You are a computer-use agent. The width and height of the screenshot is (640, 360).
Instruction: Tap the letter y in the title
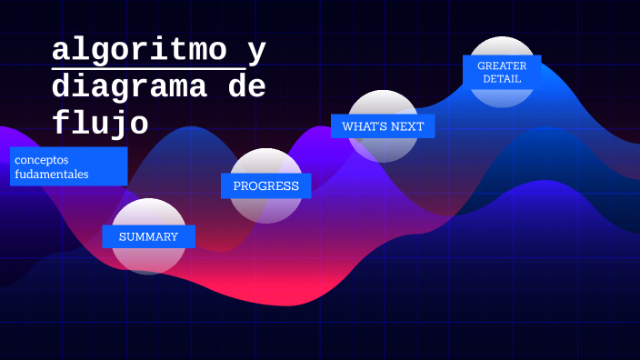click(x=257, y=53)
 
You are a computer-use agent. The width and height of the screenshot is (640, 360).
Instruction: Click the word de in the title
click(x=245, y=87)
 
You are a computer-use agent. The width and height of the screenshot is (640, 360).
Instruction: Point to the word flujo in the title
click(x=100, y=122)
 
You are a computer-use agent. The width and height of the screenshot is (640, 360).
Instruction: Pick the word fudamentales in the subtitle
click(x=51, y=174)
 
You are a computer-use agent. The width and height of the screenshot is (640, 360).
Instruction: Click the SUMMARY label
click(x=148, y=237)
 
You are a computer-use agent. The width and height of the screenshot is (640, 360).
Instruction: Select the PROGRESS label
click(x=265, y=186)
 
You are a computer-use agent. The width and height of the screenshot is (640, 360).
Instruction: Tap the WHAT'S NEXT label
click(x=383, y=126)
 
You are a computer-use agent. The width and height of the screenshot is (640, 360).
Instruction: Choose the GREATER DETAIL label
click(x=502, y=72)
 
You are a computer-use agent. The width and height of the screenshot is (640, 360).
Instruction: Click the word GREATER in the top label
click(x=502, y=65)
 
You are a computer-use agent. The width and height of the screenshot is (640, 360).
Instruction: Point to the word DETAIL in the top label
click(x=502, y=79)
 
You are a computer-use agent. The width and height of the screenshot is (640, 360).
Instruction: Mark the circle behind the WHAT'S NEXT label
click(x=384, y=151)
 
